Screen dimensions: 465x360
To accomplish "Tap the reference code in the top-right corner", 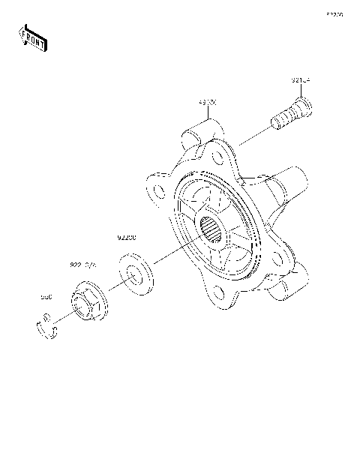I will [334, 14].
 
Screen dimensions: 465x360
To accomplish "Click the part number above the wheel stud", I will [301, 79].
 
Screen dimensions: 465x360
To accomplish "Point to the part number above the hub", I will [208, 100].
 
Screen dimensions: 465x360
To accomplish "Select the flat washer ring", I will [136, 274].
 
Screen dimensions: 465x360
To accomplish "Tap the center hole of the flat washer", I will [136, 274].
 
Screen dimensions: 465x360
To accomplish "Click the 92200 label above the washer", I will [126, 238].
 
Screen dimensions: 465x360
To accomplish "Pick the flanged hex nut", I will [88, 304].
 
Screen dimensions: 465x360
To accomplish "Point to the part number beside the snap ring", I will [46, 297].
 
